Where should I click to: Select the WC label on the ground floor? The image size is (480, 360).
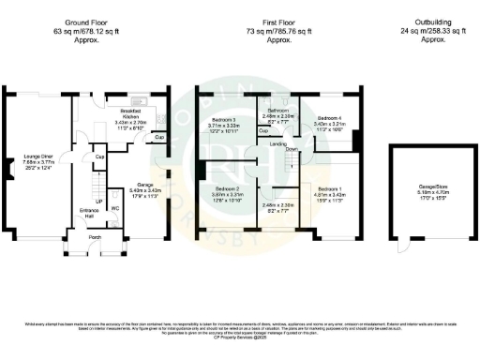(114, 207)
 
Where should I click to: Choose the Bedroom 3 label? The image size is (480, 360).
(225, 121)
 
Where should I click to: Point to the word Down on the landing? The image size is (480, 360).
(292, 149)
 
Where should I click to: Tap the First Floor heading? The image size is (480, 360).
(276, 21)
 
